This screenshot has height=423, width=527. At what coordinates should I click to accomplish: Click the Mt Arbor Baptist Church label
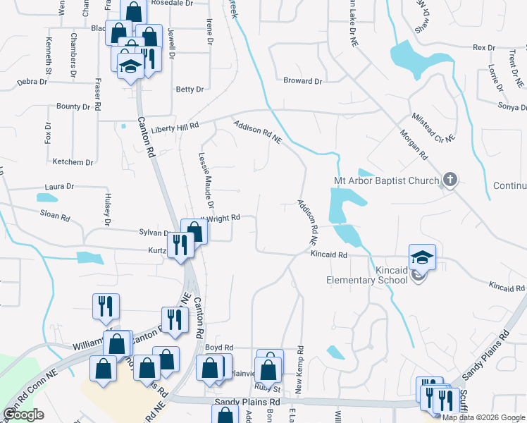tap(386, 181)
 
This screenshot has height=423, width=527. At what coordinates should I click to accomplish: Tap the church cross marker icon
tap(449, 180)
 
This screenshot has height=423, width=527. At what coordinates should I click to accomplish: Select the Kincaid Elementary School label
tap(366, 274)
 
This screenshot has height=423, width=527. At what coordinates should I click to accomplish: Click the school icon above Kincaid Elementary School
tap(423, 257)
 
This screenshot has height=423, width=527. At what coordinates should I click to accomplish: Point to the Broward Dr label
tap(302, 81)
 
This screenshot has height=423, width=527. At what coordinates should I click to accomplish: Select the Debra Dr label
tap(32, 82)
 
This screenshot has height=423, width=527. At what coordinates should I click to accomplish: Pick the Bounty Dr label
tap(73, 106)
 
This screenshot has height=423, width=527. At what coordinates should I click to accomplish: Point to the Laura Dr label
tap(59, 187)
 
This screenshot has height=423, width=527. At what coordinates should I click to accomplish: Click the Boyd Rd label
tap(218, 348)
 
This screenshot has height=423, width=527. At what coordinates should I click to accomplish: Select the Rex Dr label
tap(485, 47)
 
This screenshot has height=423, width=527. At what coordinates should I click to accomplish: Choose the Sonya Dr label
tap(512, 107)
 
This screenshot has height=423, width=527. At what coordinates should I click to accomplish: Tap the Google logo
tap(23, 415)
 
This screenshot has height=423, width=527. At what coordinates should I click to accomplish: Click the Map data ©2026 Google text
tap(484, 417)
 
